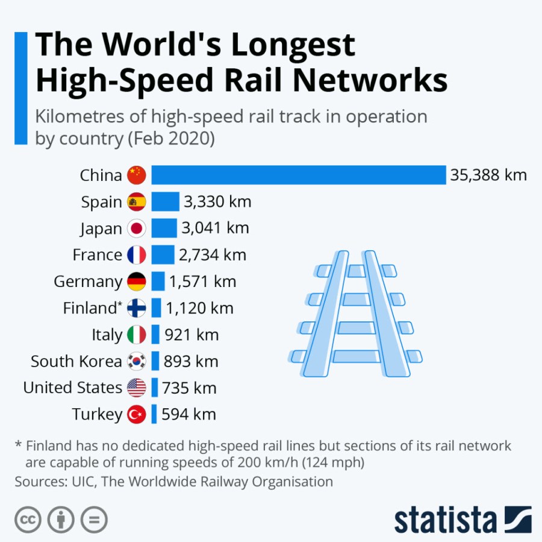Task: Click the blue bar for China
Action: [x=298, y=175]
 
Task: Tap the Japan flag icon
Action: [x=137, y=228]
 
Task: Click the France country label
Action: [x=97, y=255]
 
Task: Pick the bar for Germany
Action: [x=158, y=282]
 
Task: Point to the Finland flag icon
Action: [x=137, y=308]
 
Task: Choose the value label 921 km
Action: [x=191, y=335]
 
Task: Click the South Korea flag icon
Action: [x=137, y=361]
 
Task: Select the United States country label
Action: [x=72, y=388]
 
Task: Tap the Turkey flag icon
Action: [x=137, y=414]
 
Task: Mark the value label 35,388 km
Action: [x=488, y=175]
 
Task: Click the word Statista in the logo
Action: [x=445, y=519]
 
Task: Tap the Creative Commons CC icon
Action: [x=28, y=520]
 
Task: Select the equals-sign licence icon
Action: [x=94, y=520]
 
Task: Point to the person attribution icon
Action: [x=61, y=520]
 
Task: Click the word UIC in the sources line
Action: [x=77, y=482]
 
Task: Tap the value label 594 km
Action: [x=189, y=414]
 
